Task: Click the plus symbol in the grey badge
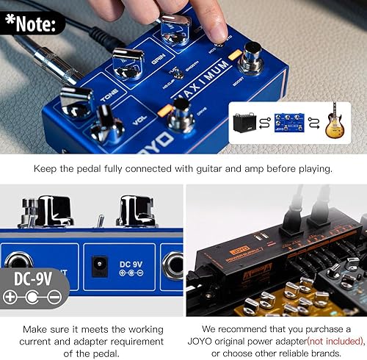coord(10,298)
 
